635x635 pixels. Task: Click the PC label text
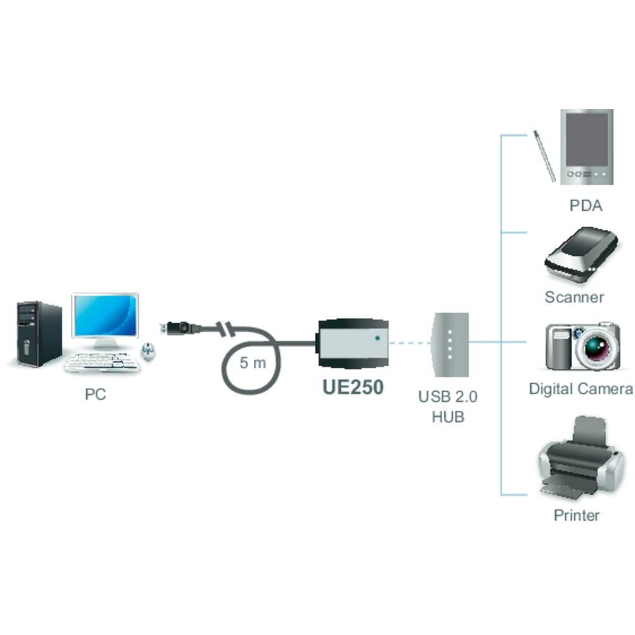(95, 394)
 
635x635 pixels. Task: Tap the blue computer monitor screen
(105, 316)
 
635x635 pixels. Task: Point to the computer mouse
(148, 351)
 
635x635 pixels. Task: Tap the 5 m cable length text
(253, 363)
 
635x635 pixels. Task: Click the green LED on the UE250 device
(378, 338)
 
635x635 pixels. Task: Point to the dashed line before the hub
(410, 342)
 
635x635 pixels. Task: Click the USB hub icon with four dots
(450, 344)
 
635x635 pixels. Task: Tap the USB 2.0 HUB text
(448, 407)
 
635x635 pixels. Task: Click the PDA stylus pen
(544, 155)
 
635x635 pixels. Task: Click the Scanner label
(574, 297)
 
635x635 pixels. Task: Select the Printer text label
(576, 515)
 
